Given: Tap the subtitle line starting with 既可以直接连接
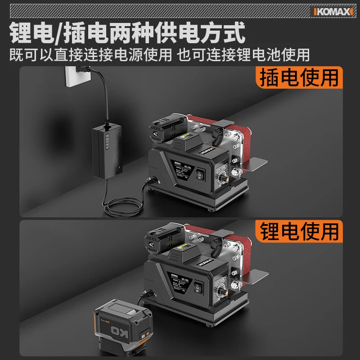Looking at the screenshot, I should click(160, 55).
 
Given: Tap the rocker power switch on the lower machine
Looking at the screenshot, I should click(199, 287).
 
